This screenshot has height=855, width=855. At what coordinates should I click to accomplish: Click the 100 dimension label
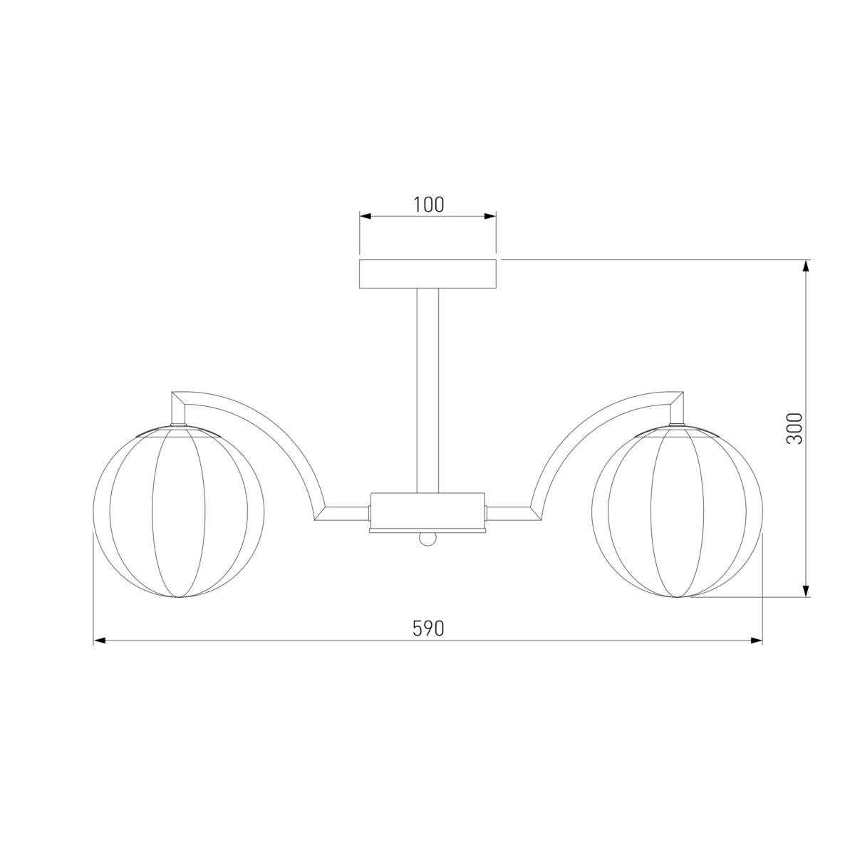(x=429, y=204)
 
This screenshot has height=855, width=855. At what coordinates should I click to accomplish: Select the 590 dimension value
(x=428, y=628)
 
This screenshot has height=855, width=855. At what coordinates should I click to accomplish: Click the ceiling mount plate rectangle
(x=427, y=274)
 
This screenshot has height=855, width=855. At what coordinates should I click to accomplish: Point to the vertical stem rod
(x=427, y=390)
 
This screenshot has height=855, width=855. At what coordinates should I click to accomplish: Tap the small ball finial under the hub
(x=427, y=539)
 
